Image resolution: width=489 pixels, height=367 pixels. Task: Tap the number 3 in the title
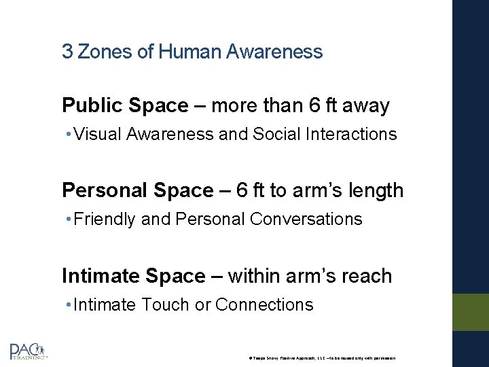[67, 51]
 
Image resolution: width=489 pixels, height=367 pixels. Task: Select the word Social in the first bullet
[276, 135]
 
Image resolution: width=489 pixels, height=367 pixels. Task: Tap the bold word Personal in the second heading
[103, 191]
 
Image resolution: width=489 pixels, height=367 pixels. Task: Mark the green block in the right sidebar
[471, 312]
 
